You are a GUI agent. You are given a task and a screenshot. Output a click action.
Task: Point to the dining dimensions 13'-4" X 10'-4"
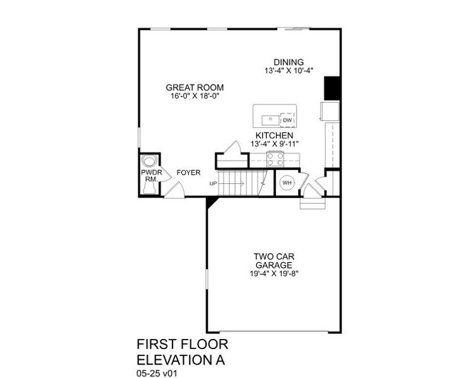[288, 71]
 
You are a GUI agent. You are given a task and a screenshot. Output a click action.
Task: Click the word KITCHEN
[274, 135]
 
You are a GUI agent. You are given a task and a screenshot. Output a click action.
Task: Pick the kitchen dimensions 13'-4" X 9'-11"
[274, 144]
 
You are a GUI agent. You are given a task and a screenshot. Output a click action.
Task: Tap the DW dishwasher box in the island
[287, 120]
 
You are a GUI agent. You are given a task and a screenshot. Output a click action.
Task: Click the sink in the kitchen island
[268, 117]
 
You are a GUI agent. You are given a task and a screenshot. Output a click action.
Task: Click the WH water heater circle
[287, 183]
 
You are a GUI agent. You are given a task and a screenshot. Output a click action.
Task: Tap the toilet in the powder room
[149, 160]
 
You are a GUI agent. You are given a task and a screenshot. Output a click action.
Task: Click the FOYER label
[188, 172]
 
